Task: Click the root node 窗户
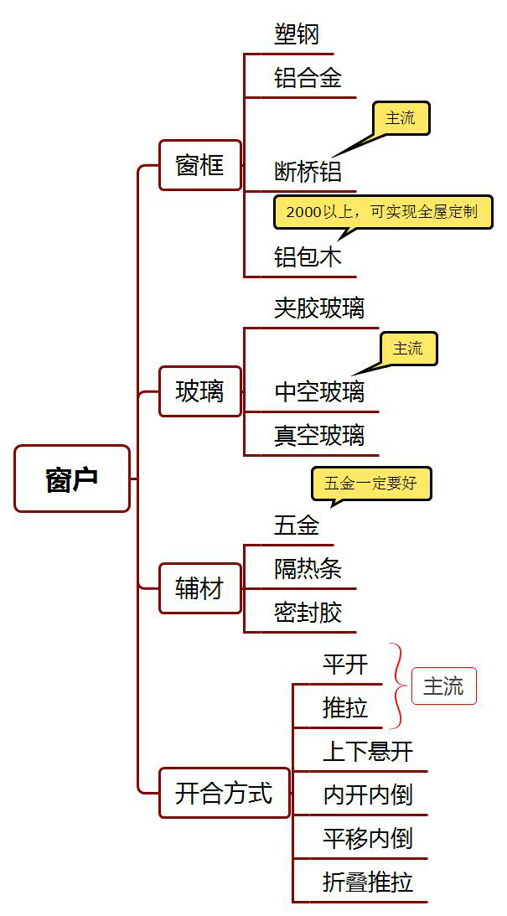(72, 479)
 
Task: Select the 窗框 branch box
(200, 165)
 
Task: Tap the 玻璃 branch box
(200, 391)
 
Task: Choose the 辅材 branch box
(200, 588)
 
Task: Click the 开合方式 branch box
(224, 792)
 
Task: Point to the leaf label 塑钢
(297, 35)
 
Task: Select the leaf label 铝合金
(308, 79)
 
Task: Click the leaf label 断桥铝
(308, 171)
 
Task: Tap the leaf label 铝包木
(308, 256)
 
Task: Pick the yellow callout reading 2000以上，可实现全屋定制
(382, 212)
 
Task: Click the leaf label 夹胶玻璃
(319, 308)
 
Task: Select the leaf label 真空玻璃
(319, 435)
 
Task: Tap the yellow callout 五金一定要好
(370, 484)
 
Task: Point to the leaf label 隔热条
(308, 568)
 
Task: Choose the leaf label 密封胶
(308, 612)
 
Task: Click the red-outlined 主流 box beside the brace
(443, 686)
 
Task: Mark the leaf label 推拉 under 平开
(345, 708)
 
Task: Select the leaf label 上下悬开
(368, 751)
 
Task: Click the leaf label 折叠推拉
(368, 882)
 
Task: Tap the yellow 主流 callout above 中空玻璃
(408, 348)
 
